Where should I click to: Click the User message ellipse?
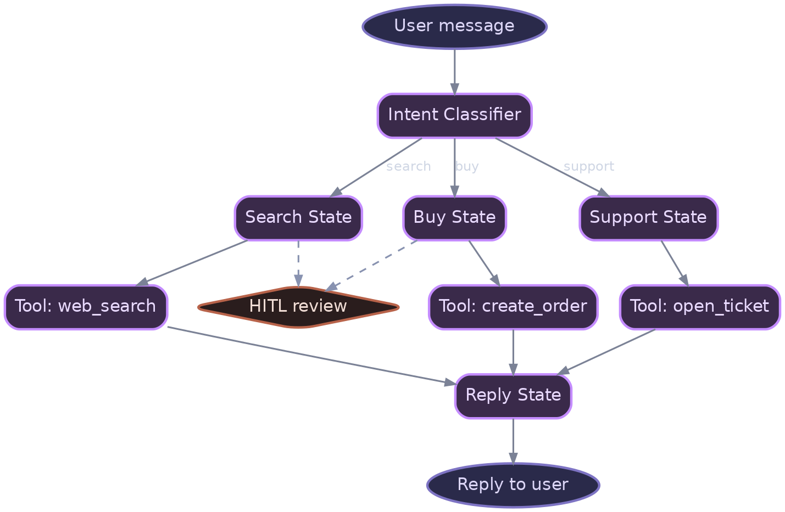(454, 26)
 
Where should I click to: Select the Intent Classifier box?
(454, 115)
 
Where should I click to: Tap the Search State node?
(298, 218)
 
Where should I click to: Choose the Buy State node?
(454, 218)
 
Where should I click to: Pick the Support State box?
(648, 218)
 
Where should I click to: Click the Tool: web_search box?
(86, 307)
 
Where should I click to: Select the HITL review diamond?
(298, 307)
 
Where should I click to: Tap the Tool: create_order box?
(513, 307)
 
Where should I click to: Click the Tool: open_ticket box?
(699, 307)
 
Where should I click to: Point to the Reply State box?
(513, 396)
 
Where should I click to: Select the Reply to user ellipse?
(513, 485)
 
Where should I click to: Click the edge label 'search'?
(408, 166)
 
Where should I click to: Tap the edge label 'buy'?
(467, 166)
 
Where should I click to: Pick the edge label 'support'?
(588, 166)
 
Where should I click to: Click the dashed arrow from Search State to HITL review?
(298, 262)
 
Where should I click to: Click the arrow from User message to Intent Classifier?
(454, 70)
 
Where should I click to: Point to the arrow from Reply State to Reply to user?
(513, 440)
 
